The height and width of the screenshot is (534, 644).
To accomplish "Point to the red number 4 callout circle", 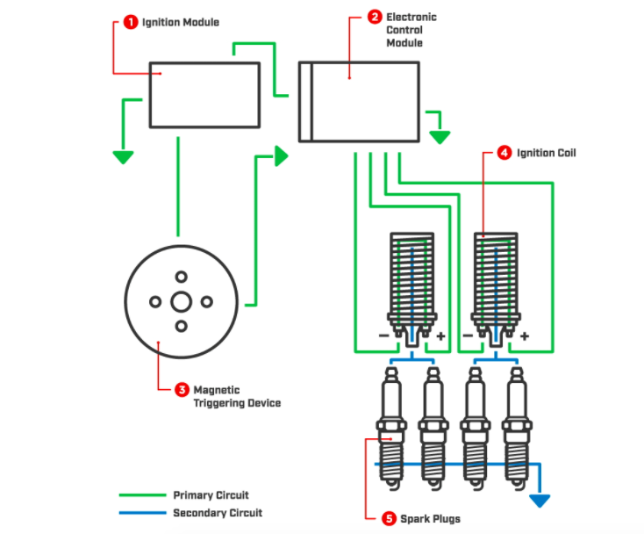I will pos(504,153).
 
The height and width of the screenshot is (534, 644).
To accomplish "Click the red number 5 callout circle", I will pos(387,518).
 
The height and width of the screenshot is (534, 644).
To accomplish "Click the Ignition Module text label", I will pos(181,21).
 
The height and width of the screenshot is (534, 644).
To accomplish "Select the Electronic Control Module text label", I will pos(411,30).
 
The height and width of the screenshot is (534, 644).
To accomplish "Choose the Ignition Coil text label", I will pos(547,153).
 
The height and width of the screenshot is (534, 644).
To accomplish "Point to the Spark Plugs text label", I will pos(431,518).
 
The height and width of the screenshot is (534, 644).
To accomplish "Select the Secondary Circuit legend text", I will pos(217,513).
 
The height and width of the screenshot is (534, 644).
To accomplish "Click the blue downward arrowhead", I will pos(539,501).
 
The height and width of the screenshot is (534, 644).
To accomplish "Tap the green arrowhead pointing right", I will pos(281,156).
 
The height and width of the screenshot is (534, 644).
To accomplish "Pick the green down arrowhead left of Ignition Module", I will pos(122,157).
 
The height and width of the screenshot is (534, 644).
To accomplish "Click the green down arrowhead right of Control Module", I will pos(440,136).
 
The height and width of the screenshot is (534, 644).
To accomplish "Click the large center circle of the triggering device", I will pos(181,301).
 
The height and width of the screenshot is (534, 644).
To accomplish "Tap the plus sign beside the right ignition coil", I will pos(524,336).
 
